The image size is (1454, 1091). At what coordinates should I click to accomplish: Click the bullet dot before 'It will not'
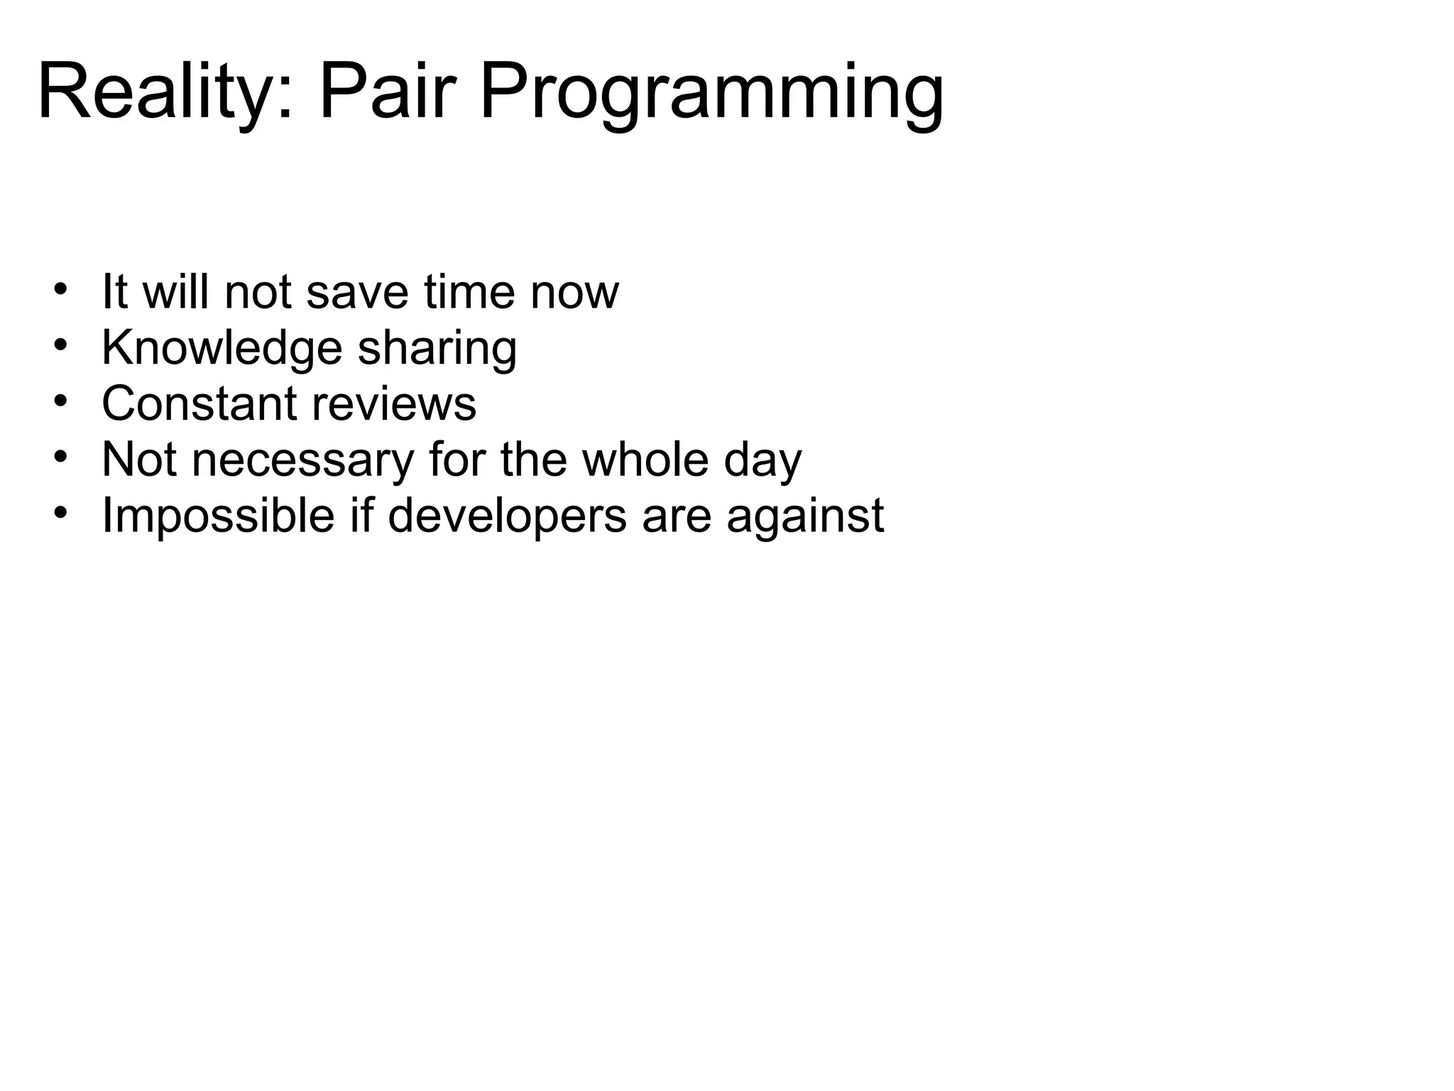[x=60, y=289]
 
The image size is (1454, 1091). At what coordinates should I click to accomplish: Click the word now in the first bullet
[x=574, y=293]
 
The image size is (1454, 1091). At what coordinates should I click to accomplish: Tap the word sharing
[x=437, y=349]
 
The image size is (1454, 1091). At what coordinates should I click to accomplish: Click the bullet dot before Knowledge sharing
[x=60, y=345]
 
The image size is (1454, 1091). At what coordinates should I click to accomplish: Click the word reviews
[x=393, y=403]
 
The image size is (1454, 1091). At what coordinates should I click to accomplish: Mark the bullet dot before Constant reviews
[x=60, y=401]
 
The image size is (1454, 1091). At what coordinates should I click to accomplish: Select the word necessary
[x=302, y=460]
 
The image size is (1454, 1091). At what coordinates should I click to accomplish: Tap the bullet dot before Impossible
[x=60, y=512]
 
